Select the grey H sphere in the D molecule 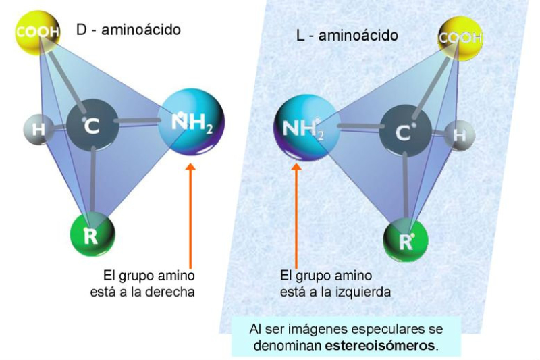[38, 129]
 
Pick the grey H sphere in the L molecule [459, 134]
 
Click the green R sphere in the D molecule [92, 234]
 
